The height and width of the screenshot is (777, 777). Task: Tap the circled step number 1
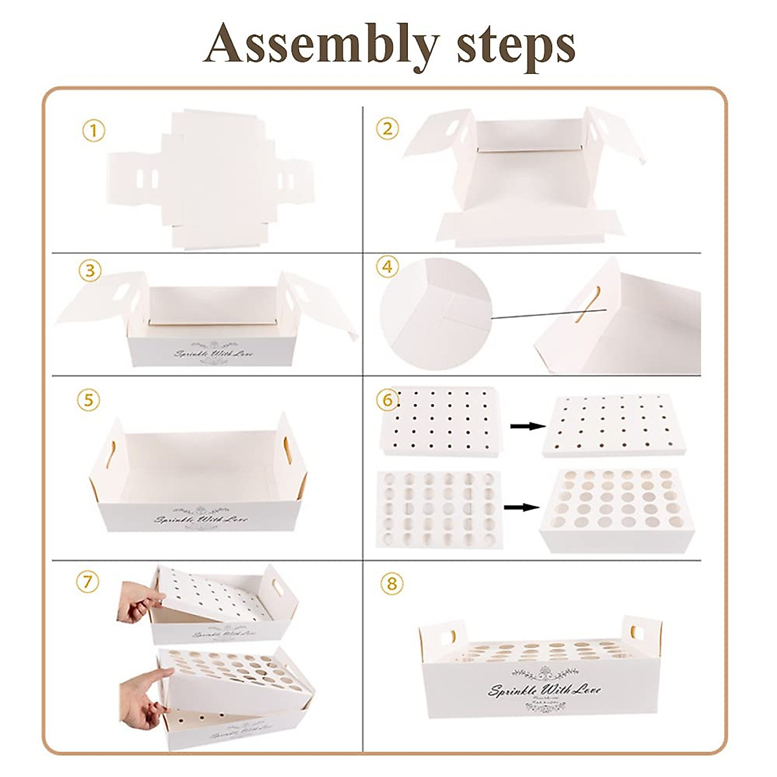click(x=93, y=131)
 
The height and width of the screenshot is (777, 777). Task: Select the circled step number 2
click(x=387, y=128)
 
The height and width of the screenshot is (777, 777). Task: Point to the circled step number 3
click(x=89, y=271)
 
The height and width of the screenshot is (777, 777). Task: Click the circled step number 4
click(x=387, y=267)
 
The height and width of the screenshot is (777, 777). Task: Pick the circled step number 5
click(x=89, y=400)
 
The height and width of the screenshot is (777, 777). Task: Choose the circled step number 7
click(x=88, y=581)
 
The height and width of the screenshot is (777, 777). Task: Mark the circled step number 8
click(x=391, y=583)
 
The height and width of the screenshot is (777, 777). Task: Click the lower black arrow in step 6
click(x=523, y=507)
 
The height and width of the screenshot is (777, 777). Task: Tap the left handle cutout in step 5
click(x=111, y=454)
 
